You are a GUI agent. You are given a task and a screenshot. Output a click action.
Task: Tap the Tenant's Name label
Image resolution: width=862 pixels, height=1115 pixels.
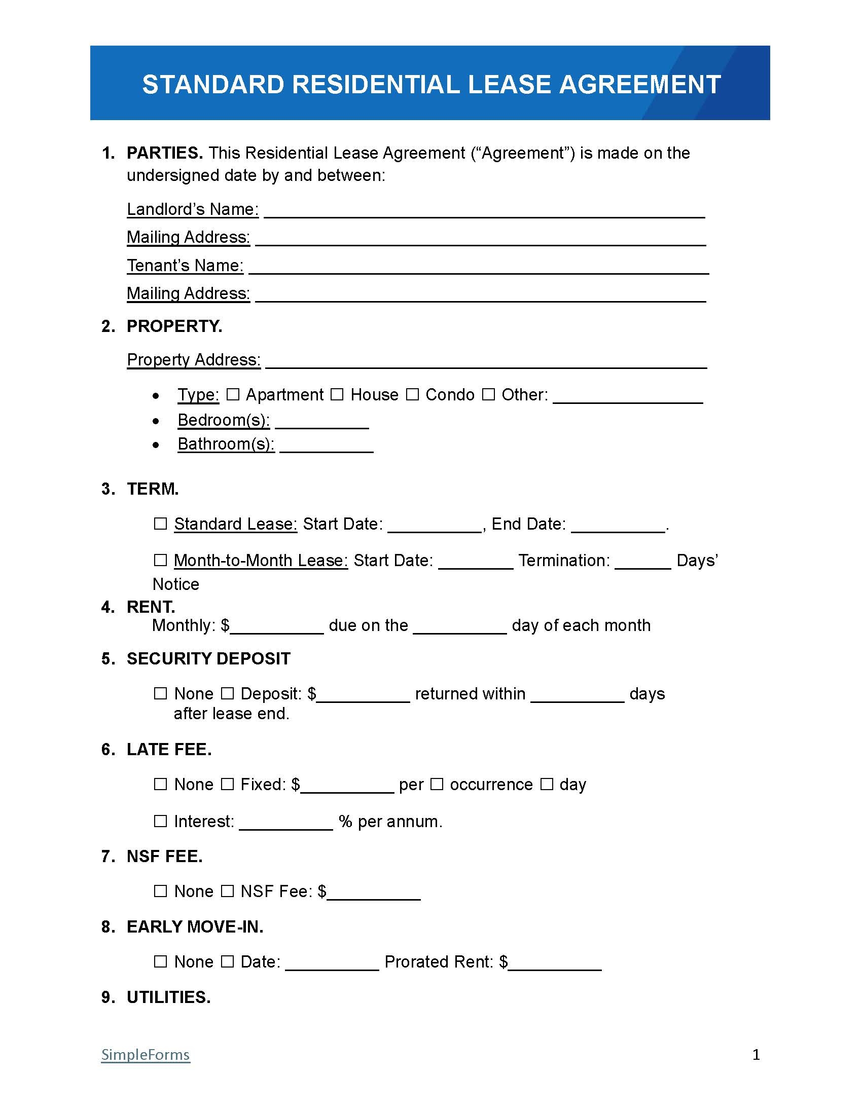point(185,266)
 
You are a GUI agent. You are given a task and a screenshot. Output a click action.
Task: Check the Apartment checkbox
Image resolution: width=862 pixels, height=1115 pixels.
point(233,394)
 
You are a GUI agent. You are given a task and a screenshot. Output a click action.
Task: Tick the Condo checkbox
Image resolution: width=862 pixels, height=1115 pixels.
point(413,394)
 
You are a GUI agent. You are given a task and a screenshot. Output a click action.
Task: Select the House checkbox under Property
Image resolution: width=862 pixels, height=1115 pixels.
point(337,394)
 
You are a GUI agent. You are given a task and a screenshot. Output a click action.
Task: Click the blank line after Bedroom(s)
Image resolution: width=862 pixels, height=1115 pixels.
point(321,423)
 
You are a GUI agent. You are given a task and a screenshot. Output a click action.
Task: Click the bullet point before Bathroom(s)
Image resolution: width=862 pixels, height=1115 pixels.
point(156,445)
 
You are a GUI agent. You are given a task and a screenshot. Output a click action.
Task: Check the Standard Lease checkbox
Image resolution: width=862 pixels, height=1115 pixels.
point(160,524)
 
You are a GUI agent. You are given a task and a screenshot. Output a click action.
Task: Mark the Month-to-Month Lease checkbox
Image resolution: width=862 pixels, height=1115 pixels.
point(160,560)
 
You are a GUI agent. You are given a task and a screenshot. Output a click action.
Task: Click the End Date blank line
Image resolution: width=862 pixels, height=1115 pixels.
point(618,527)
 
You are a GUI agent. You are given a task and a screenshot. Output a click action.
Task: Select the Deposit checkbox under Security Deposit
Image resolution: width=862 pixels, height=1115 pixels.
point(227,693)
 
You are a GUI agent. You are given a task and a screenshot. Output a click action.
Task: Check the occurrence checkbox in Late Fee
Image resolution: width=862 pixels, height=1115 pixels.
point(437,784)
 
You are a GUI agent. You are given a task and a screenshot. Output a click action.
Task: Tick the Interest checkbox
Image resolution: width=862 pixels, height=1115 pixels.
point(160,821)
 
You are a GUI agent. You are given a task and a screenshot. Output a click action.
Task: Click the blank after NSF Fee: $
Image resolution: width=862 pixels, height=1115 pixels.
point(374,894)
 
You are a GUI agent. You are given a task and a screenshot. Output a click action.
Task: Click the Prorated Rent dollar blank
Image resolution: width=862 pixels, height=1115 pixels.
point(555,964)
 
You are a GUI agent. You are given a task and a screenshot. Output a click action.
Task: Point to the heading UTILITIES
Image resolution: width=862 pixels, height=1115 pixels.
point(168,997)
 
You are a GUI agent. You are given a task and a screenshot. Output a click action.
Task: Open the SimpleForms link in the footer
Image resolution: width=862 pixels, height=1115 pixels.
point(146,1054)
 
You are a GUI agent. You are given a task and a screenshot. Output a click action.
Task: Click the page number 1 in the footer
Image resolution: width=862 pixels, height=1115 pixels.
point(757,1054)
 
